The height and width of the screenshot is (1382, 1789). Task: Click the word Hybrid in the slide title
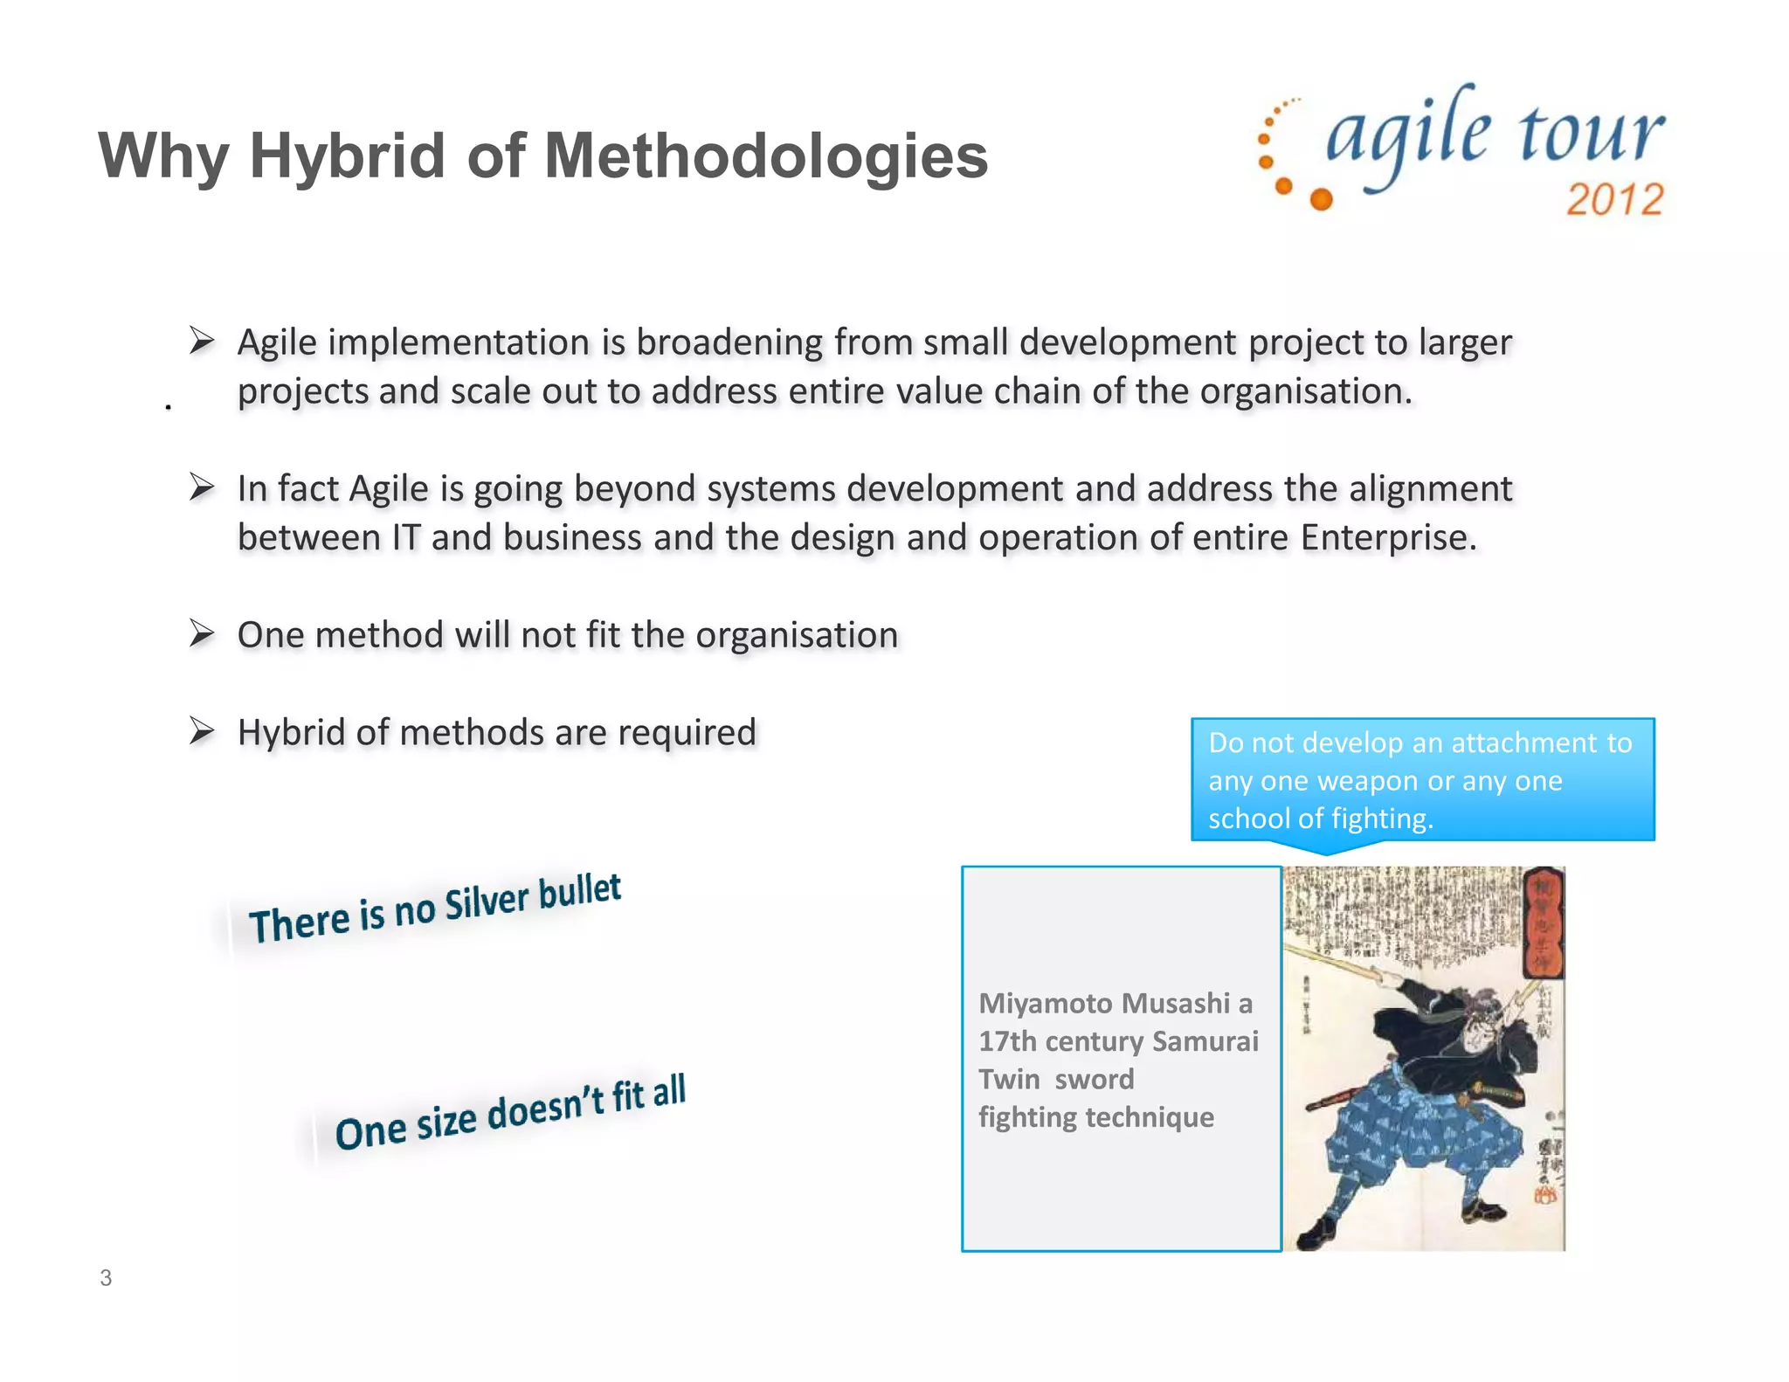[x=347, y=155]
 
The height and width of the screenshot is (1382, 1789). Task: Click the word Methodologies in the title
[x=765, y=155]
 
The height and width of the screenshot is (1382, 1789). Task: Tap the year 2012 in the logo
[x=1614, y=199]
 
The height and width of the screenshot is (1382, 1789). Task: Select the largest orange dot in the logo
[x=1322, y=199]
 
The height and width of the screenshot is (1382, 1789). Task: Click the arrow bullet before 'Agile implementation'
[x=202, y=340]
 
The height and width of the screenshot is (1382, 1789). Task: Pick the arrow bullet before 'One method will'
[x=202, y=632]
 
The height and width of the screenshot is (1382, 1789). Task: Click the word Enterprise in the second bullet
[x=1387, y=537]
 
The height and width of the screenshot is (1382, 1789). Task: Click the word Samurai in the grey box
[x=1205, y=1041]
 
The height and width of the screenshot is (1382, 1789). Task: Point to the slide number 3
[x=106, y=1278]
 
